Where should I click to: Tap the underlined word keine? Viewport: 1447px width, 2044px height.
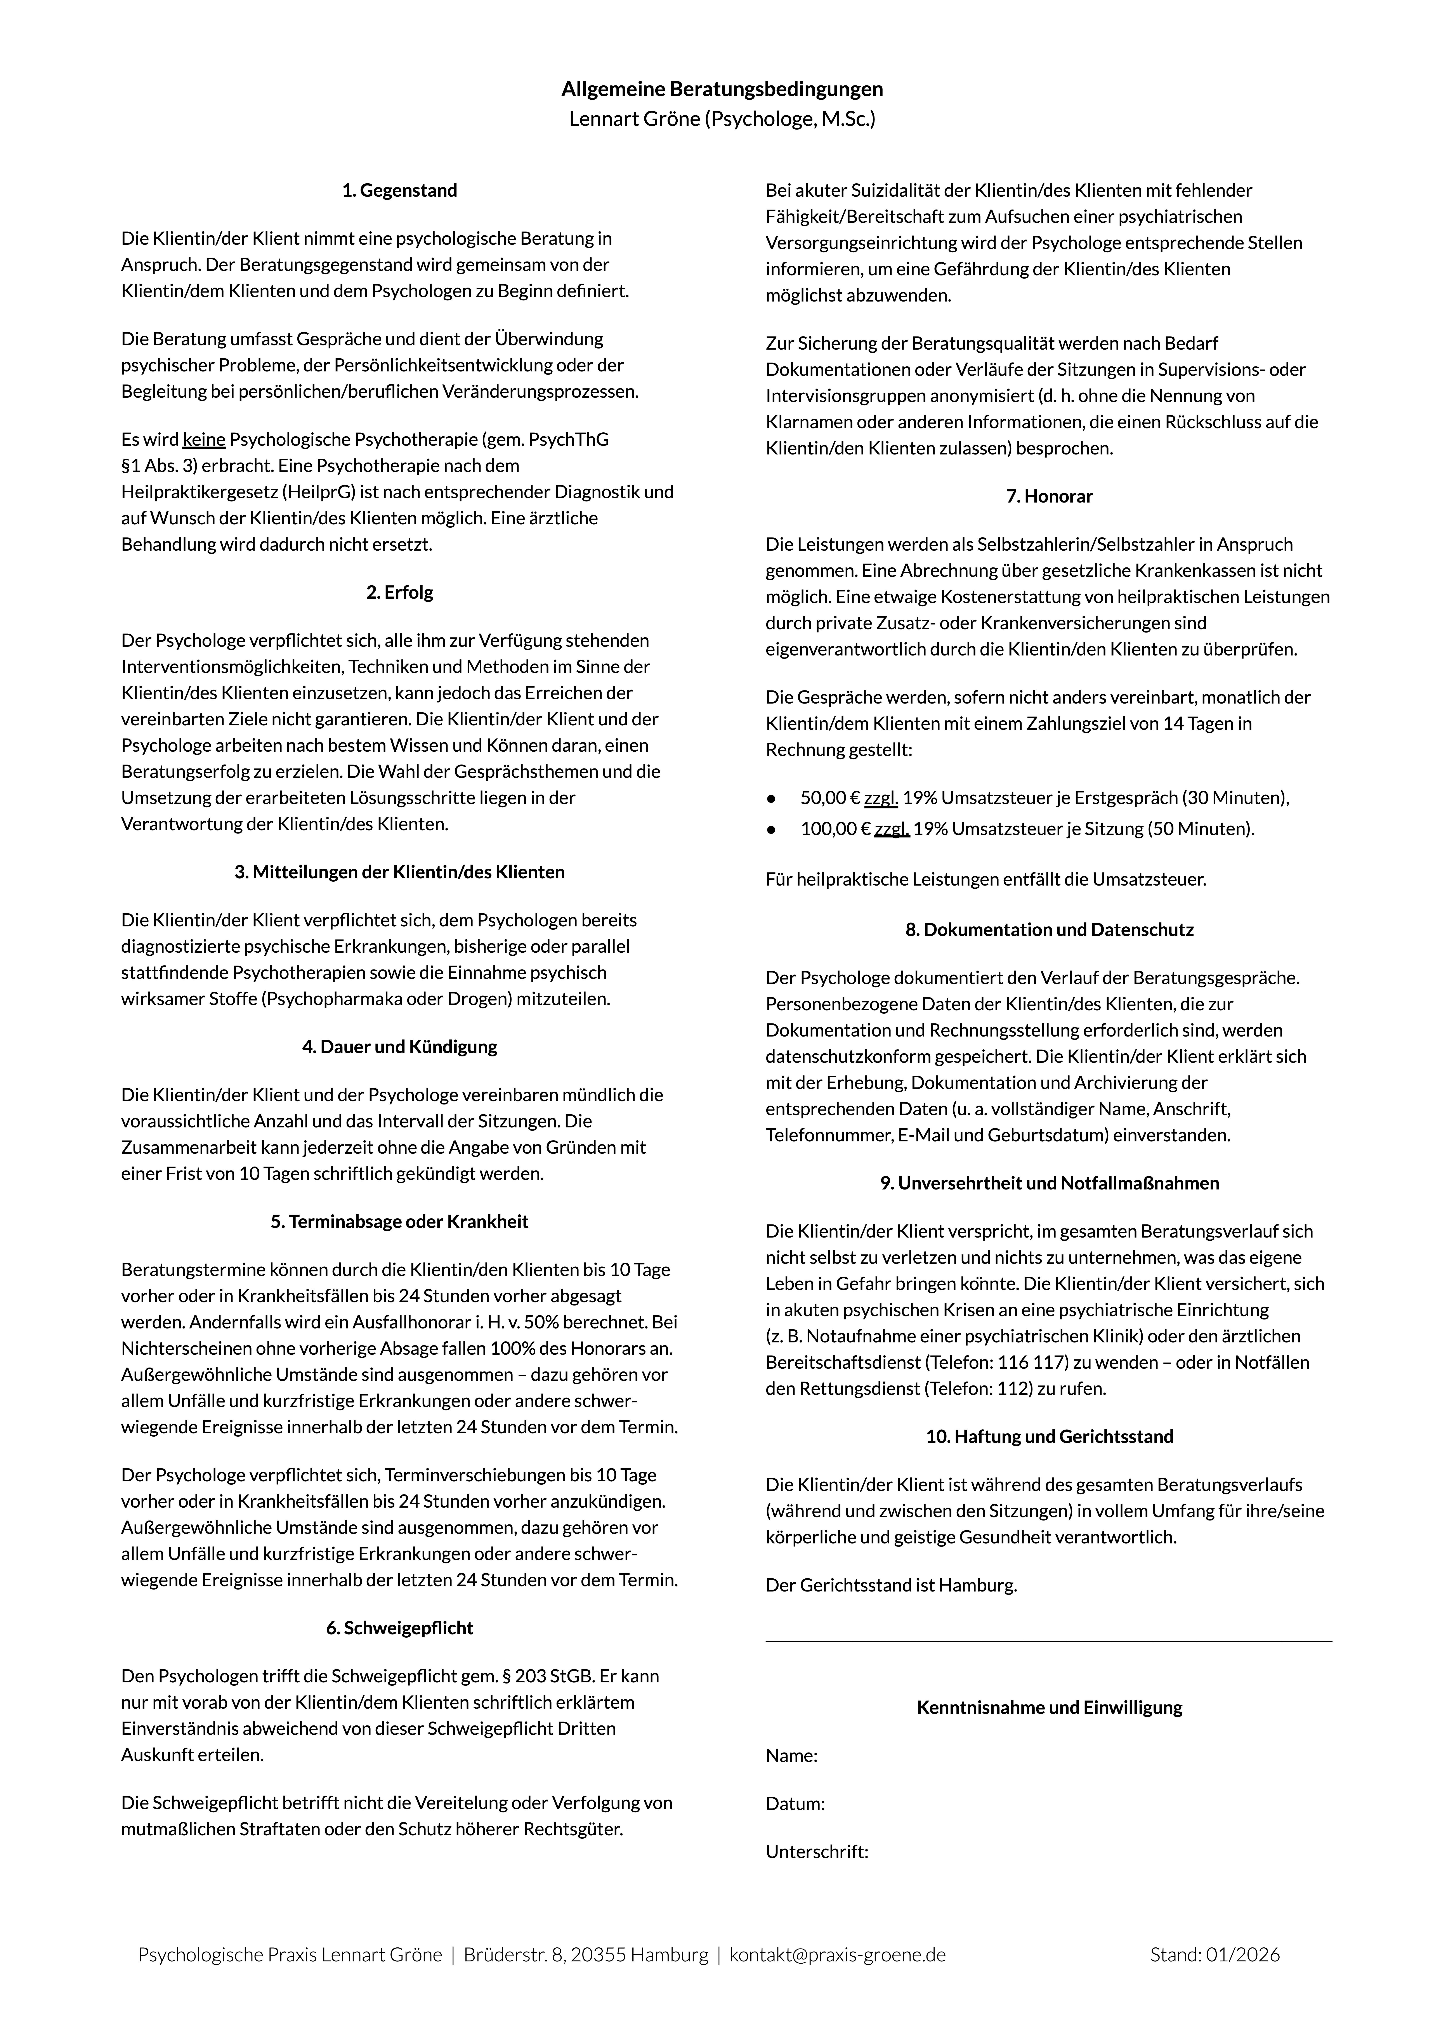tap(204, 439)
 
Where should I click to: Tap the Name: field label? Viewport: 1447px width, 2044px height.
tap(791, 1756)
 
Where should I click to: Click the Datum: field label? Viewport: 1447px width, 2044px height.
tap(795, 1804)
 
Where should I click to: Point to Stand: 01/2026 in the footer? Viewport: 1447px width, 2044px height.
tap(1215, 1955)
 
